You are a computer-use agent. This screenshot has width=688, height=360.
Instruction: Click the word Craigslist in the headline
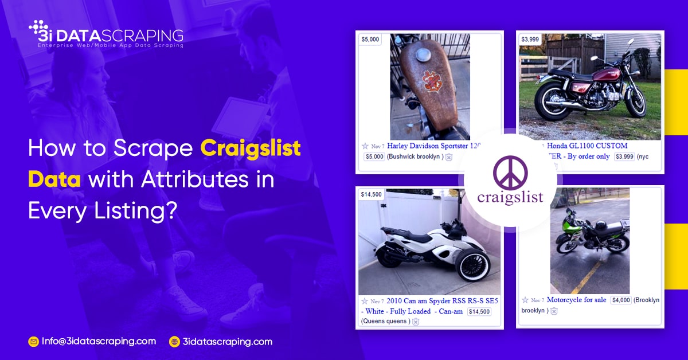tap(251, 149)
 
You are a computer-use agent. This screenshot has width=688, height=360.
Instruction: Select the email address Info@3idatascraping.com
tap(98, 341)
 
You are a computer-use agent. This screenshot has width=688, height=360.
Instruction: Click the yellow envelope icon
tap(33, 342)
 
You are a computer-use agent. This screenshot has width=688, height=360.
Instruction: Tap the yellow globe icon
tap(174, 342)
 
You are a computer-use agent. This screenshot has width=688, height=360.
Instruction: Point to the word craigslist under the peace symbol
tap(510, 198)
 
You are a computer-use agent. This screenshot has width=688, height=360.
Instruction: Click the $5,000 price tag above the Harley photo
tap(370, 40)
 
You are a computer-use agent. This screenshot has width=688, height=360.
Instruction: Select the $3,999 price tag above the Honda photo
tap(530, 40)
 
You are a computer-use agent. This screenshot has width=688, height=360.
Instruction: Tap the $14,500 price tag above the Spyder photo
tap(371, 194)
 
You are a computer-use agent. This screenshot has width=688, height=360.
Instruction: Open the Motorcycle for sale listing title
tap(576, 300)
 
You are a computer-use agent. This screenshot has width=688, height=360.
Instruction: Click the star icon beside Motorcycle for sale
tap(525, 300)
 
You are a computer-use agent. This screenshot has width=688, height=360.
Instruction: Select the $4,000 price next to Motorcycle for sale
tap(621, 300)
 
